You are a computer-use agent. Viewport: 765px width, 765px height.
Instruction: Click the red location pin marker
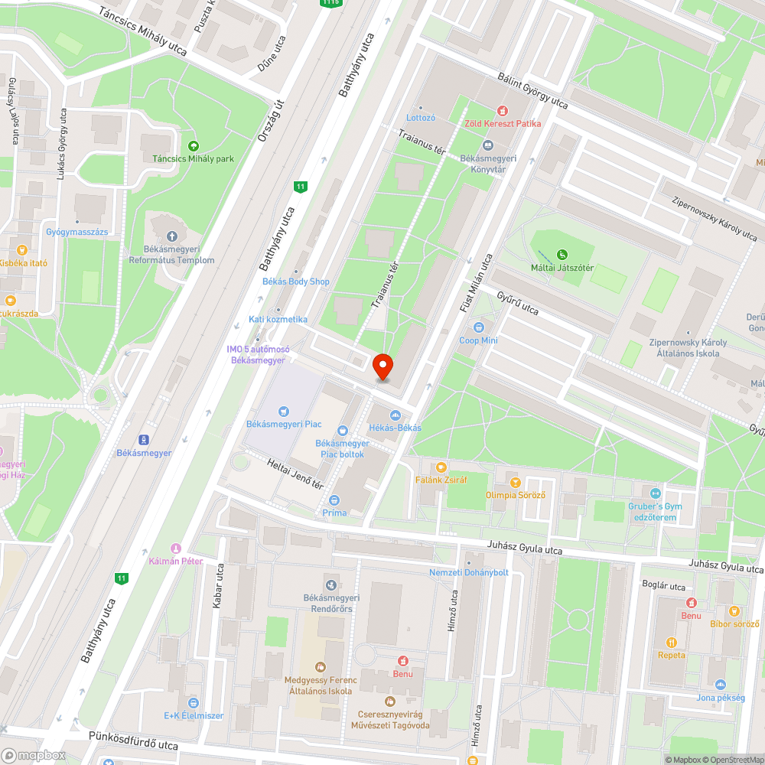(383, 366)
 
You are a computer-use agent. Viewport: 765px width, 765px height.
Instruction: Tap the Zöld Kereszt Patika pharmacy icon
(503, 110)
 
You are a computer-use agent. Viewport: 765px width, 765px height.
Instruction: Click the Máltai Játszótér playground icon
(562, 254)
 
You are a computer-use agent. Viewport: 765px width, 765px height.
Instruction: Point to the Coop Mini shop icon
(479, 327)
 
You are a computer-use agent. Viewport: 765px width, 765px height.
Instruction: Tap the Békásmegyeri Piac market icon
(284, 411)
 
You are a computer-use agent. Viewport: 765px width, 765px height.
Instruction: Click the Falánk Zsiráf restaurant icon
(441, 467)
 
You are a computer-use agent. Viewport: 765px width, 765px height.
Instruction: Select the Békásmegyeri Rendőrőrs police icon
(331, 584)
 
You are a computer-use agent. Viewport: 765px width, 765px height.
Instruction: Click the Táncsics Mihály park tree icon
(192, 145)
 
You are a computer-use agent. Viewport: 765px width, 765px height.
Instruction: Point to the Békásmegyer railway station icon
(143, 439)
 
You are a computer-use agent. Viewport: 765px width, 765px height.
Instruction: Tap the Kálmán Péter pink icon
(176, 548)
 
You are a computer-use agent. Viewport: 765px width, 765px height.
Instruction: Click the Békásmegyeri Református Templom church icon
(171, 236)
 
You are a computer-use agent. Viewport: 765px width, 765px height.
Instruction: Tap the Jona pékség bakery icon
(720, 684)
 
